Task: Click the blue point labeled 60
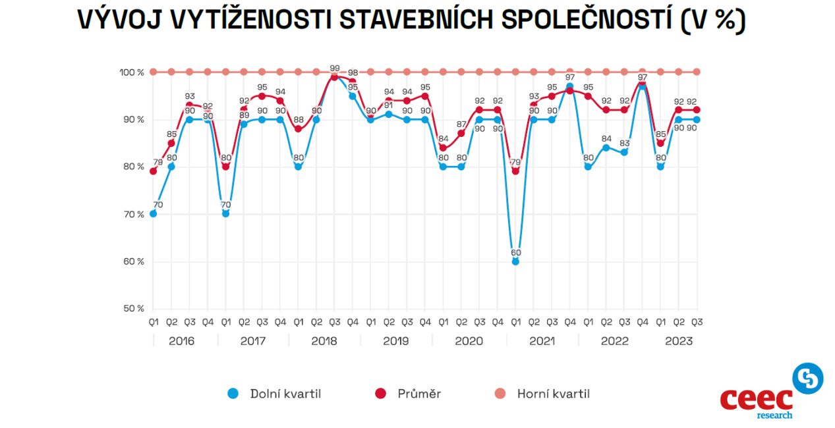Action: coord(515,261)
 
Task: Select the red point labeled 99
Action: coord(334,77)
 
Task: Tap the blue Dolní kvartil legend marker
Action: coord(232,394)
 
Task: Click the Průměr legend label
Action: coord(418,394)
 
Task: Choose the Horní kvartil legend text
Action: coord(553,394)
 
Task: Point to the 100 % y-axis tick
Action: coord(132,72)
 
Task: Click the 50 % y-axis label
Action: coord(132,309)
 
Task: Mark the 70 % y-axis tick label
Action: coord(132,214)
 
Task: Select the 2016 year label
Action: coord(181,341)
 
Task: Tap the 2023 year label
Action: coord(679,341)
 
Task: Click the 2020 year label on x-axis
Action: coord(469,341)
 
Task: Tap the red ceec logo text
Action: coord(756,399)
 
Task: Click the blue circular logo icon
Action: coord(807,378)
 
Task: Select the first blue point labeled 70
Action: coord(153,213)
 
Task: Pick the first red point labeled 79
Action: coord(153,171)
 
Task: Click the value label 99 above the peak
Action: coord(335,68)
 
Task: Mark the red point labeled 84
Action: coord(443,147)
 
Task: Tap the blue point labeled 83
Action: coord(624,152)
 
